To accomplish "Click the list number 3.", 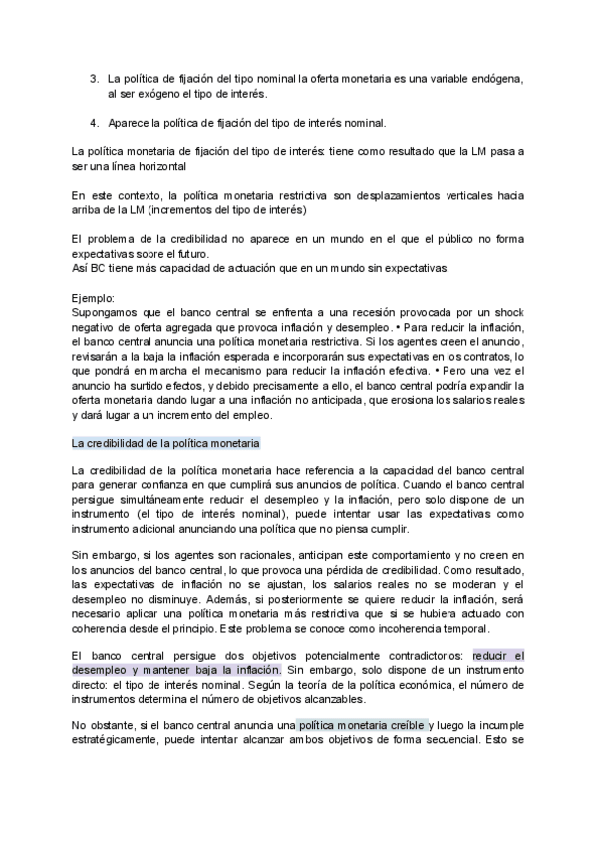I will [94, 78].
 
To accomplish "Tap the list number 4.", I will [94, 123].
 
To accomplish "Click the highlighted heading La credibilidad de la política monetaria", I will [165, 442].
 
